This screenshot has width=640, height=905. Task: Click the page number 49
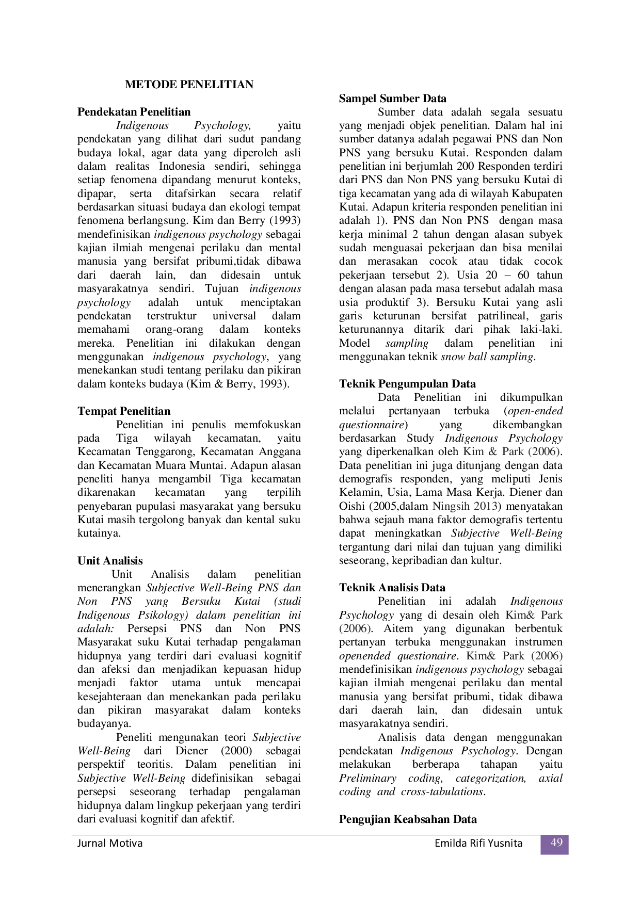coord(556,843)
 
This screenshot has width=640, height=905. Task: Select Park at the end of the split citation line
coord(551,615)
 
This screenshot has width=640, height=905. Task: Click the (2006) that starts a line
coord(355,628)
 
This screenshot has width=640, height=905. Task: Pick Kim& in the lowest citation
coord(481,656)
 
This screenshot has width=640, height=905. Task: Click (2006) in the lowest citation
coord(547,656)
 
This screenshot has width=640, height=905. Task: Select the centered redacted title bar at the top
coord(190,85)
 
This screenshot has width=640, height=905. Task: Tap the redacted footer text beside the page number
coord(478,845)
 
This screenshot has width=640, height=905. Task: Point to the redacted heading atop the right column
coord(393,97)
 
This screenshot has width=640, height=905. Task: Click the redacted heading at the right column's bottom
coord(408,820)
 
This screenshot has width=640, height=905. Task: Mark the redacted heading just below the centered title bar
coord(134,111)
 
